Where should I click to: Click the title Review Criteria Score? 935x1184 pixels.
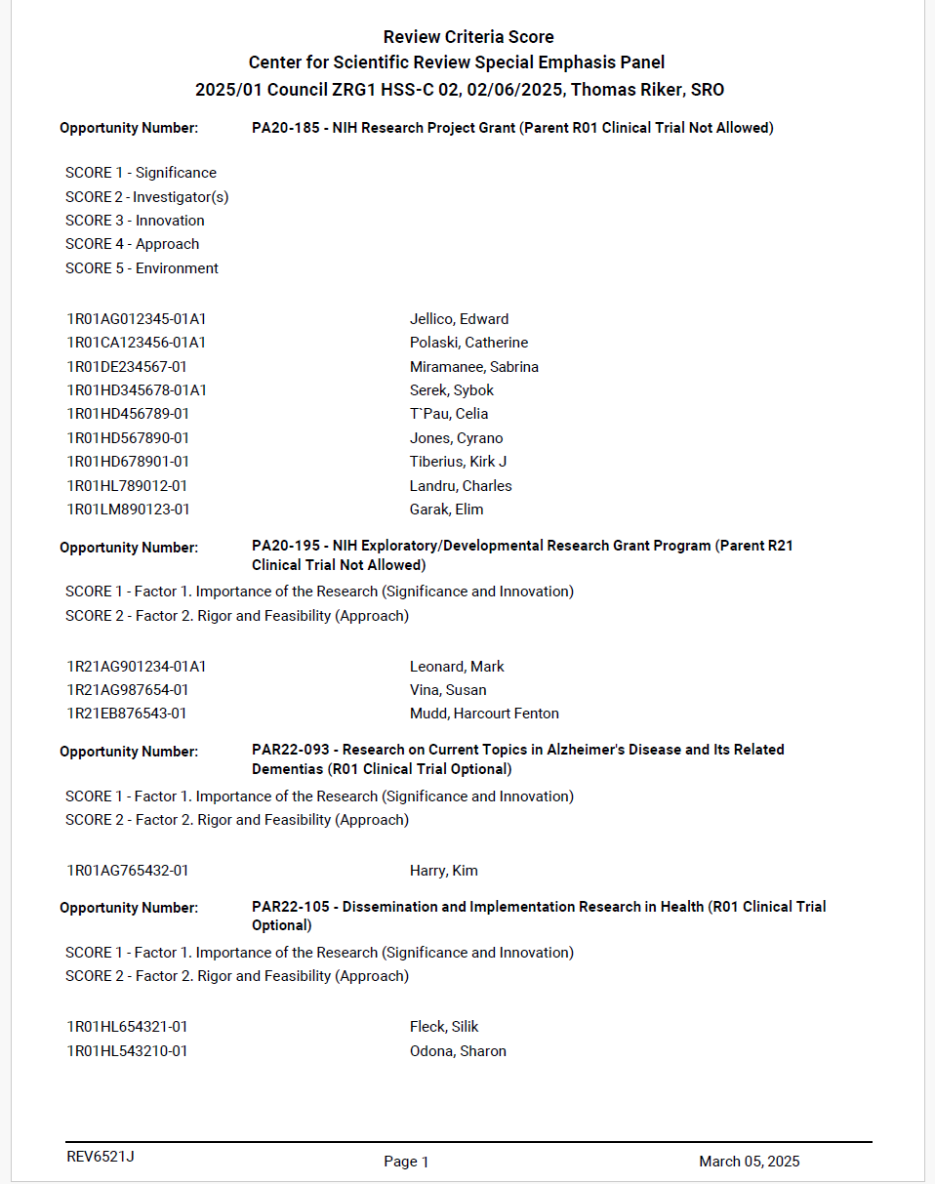pyautogui.click(x=468, y=37)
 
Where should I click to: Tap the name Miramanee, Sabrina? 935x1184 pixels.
pyautogui.click(x=474, y=367)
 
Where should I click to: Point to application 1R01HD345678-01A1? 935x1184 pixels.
pyautogui.click(x=137, y=390)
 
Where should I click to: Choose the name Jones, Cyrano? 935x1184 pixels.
pyautogui.click(x=456, y=438)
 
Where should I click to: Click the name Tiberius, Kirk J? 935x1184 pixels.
pyautogui.click(x=458, y=462)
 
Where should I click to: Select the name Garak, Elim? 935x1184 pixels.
pyautogui.click(x=446, y=510)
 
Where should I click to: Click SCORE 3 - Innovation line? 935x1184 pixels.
pyautogui.click(x=135, y=221)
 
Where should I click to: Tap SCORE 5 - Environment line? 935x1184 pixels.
pyautogui.click(x=142, y=268)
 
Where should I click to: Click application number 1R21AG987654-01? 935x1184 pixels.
pyautogui.click(x=128, y=690)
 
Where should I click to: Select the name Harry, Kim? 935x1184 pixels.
pyautogui.click(x=444, y=871)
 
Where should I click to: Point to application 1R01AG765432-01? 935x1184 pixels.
pyautogui.click(x=128, y=871)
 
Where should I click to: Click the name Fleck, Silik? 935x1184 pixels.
pyautogui.click(x=444, y=1027)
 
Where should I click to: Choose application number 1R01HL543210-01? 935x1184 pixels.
pyautogui.click(x=128, y=1051)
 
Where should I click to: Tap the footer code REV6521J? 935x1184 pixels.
pyautogui.click(x=101, y=1158)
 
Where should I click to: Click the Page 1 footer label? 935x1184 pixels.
pyautogui.click(x=406, y=1162)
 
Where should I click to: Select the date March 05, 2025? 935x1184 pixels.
pyautogui.click(x=749, y=1162)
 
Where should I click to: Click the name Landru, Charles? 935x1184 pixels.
pyautogui.click(x=461, y=486)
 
